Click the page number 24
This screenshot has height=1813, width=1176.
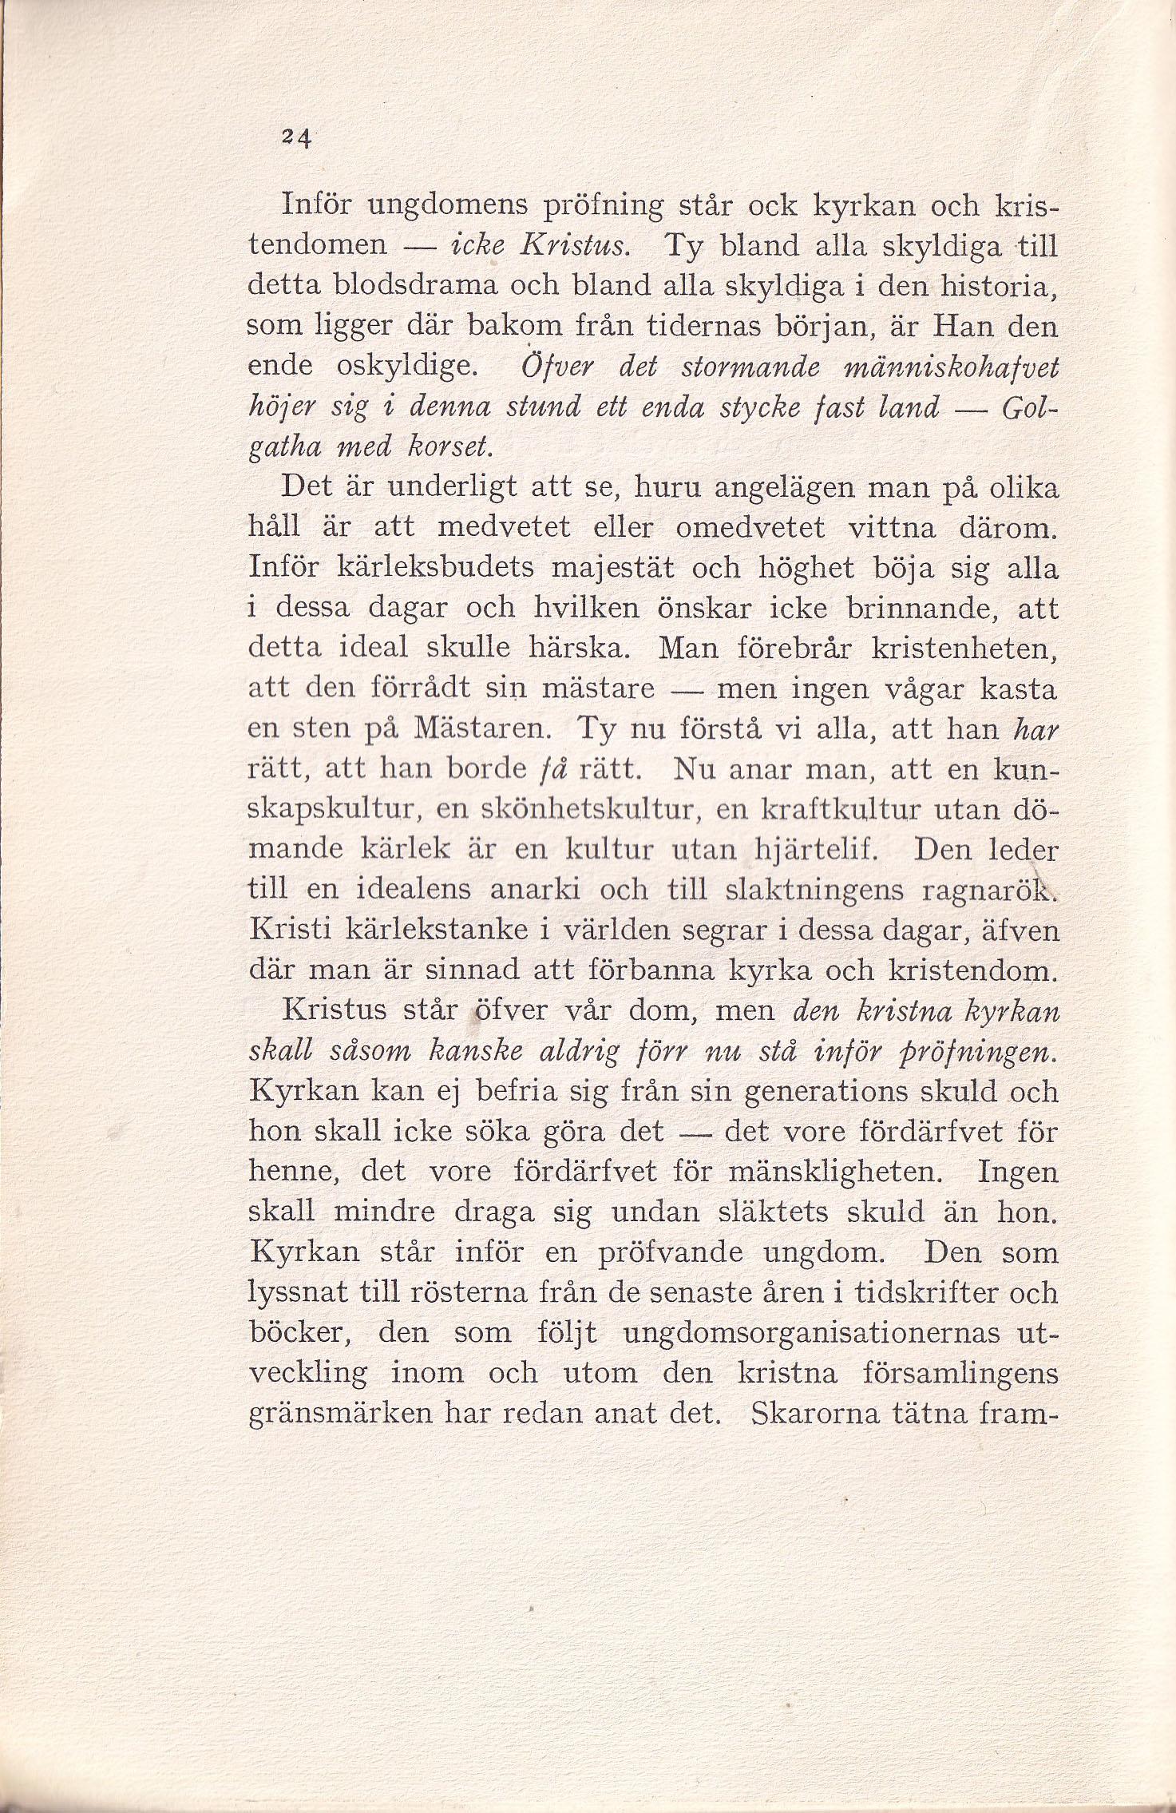(x=294, y=138)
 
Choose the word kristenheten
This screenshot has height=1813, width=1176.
(x=964, y=649)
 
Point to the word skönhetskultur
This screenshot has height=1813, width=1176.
(x=592, y=809)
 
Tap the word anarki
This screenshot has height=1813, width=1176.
(x=525, y=890)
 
